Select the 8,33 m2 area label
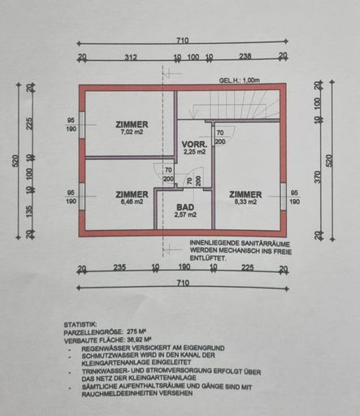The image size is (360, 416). (245, 202)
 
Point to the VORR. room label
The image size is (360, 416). (193, 143)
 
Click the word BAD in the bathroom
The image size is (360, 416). (185, 207)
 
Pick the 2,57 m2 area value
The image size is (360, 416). (185, 215)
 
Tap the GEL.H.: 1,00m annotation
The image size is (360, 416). (239, 80)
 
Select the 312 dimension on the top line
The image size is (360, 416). (129, 58)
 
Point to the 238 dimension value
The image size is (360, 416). (245, 58)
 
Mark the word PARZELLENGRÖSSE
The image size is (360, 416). (89, 332)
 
